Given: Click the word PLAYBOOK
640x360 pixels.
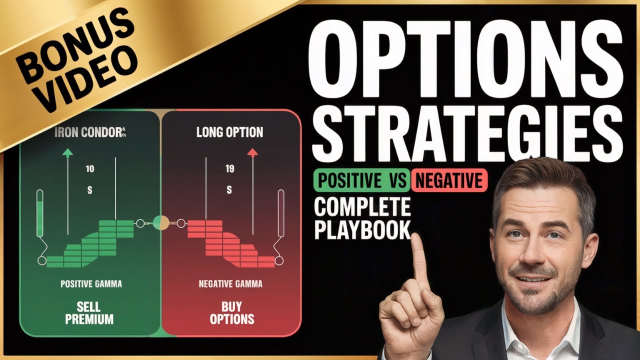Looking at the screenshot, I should click(x=362, y=230).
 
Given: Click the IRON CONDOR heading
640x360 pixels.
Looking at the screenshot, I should click(x=90, y=133).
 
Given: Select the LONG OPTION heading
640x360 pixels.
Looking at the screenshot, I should click(x=229, y=132).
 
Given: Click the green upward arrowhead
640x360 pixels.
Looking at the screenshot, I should click(x=67, y=153).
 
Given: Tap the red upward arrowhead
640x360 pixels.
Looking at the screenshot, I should click(x=252, y=153).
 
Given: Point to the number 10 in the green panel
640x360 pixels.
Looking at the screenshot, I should click(x=89, y=169).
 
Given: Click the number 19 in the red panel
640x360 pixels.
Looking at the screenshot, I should click(x=229, y=169).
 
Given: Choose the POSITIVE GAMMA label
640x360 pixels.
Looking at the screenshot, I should click(x=91, y=284).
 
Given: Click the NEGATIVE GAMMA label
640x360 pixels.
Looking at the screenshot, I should click(x=230, y=284).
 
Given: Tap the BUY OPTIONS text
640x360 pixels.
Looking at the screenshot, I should click(x=231, y=312).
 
